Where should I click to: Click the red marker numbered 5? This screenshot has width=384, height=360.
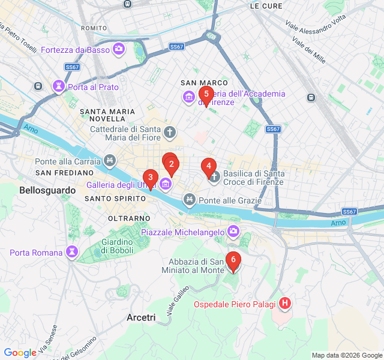coord(206,94)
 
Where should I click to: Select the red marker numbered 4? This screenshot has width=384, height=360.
coord(208,166)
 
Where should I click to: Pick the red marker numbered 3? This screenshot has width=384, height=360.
coord(150,178)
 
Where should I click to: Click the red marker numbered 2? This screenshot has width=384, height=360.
coord(172,164)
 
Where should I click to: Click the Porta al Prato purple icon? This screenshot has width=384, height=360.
coord(59,87)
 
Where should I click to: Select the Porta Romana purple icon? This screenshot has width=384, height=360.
coord(72,252)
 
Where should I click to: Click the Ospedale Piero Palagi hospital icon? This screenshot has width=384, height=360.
coord(285,304)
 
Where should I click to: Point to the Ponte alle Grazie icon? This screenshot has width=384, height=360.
coord(190,200)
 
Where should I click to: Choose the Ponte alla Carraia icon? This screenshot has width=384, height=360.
coord(109,161)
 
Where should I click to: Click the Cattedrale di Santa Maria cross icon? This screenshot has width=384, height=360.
coord(170,132)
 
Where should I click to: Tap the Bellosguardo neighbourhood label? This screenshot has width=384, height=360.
coord(47,190)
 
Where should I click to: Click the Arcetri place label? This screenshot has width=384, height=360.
coord(142,317)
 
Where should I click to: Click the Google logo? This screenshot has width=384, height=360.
coord(20,353)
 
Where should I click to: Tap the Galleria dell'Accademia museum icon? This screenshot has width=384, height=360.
coord(190,97)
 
